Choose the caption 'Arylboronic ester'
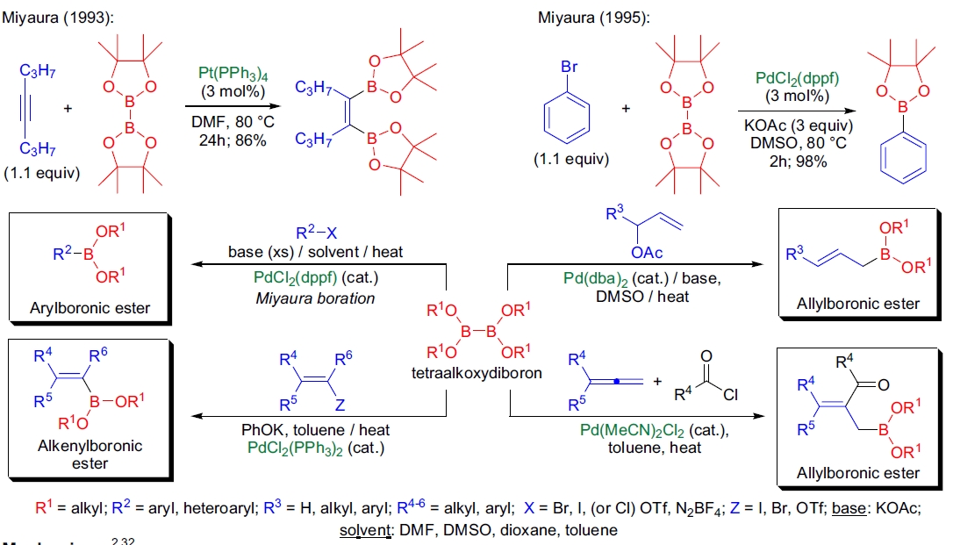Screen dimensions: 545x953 point(76,307)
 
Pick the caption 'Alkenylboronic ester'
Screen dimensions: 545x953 point(76,454)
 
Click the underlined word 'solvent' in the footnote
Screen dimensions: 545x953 point(364,530)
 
